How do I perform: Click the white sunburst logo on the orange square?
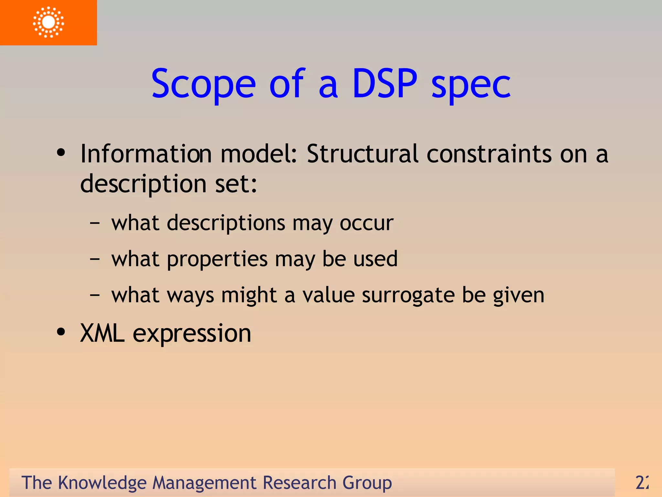[48, 22]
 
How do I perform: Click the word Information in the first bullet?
[146, 154]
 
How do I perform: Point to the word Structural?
[362, 154]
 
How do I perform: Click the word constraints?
[489, 154]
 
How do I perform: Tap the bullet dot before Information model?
[61, 153]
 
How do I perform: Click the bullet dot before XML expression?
[61, 332]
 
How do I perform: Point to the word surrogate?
[408, 295]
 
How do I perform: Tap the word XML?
[102, 333]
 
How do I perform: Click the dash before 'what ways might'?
[95, 295]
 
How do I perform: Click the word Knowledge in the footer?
[102, 483]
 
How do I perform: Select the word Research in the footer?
[299, 483]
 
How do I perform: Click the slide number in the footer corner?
[641, 483]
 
